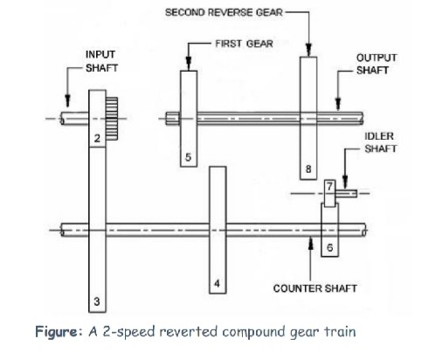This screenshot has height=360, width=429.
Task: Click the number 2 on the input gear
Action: coord(97,139)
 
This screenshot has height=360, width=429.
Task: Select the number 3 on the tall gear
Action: coord(97,301)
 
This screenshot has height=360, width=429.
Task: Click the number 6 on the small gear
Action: coord(329,248)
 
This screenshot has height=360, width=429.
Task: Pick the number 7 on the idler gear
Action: coord(329,186)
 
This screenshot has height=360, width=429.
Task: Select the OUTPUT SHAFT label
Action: coord(377,64)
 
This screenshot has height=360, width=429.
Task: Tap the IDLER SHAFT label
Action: coord(380,143)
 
